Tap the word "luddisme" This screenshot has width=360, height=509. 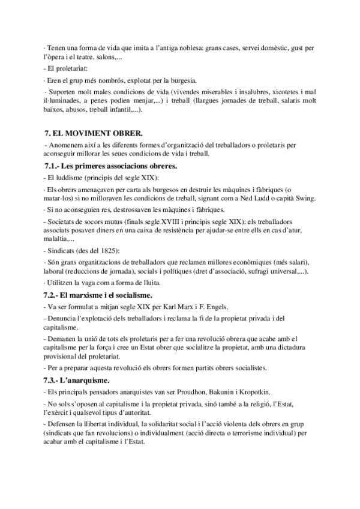(71, 177)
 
